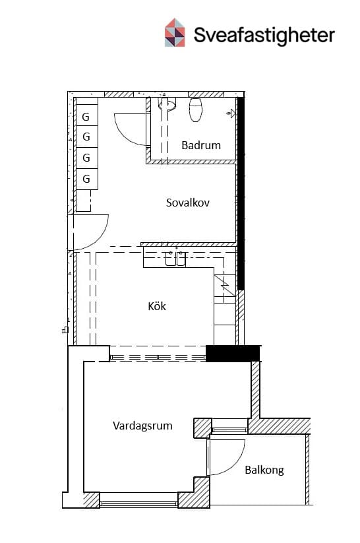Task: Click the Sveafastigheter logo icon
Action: pyautogui.click(x=175, y=32)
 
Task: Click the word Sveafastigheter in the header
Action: pyautogui.click(x=264, y=35)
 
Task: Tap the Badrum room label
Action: pyautogui.click(x=201, y=145)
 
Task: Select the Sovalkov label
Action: pyautogui.click(x=188, y=203)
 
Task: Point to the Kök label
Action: pyautogui.click(x=157, y=306)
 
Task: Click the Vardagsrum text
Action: pyautogui.click(x=142, y=426)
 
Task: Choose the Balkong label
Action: pyautogui.click(x=264, y=470)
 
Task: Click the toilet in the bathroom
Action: pyautogui.click(x=196, y=110)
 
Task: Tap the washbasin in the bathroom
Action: pyautogui.click(x=167, y=104)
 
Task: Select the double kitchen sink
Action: pyautogui.click(x=175, y=259)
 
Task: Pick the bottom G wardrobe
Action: pyautogui.click(x=86, y=179)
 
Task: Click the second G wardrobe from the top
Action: pyautogui.click(x=86, y=137)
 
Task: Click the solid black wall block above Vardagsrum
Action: pyautogui.click(x=233, y=354)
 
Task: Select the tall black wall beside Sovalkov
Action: pyautogui.click(x=241, y=193)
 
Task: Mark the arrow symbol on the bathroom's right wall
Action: pyautogui.click(x=231, y=113)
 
